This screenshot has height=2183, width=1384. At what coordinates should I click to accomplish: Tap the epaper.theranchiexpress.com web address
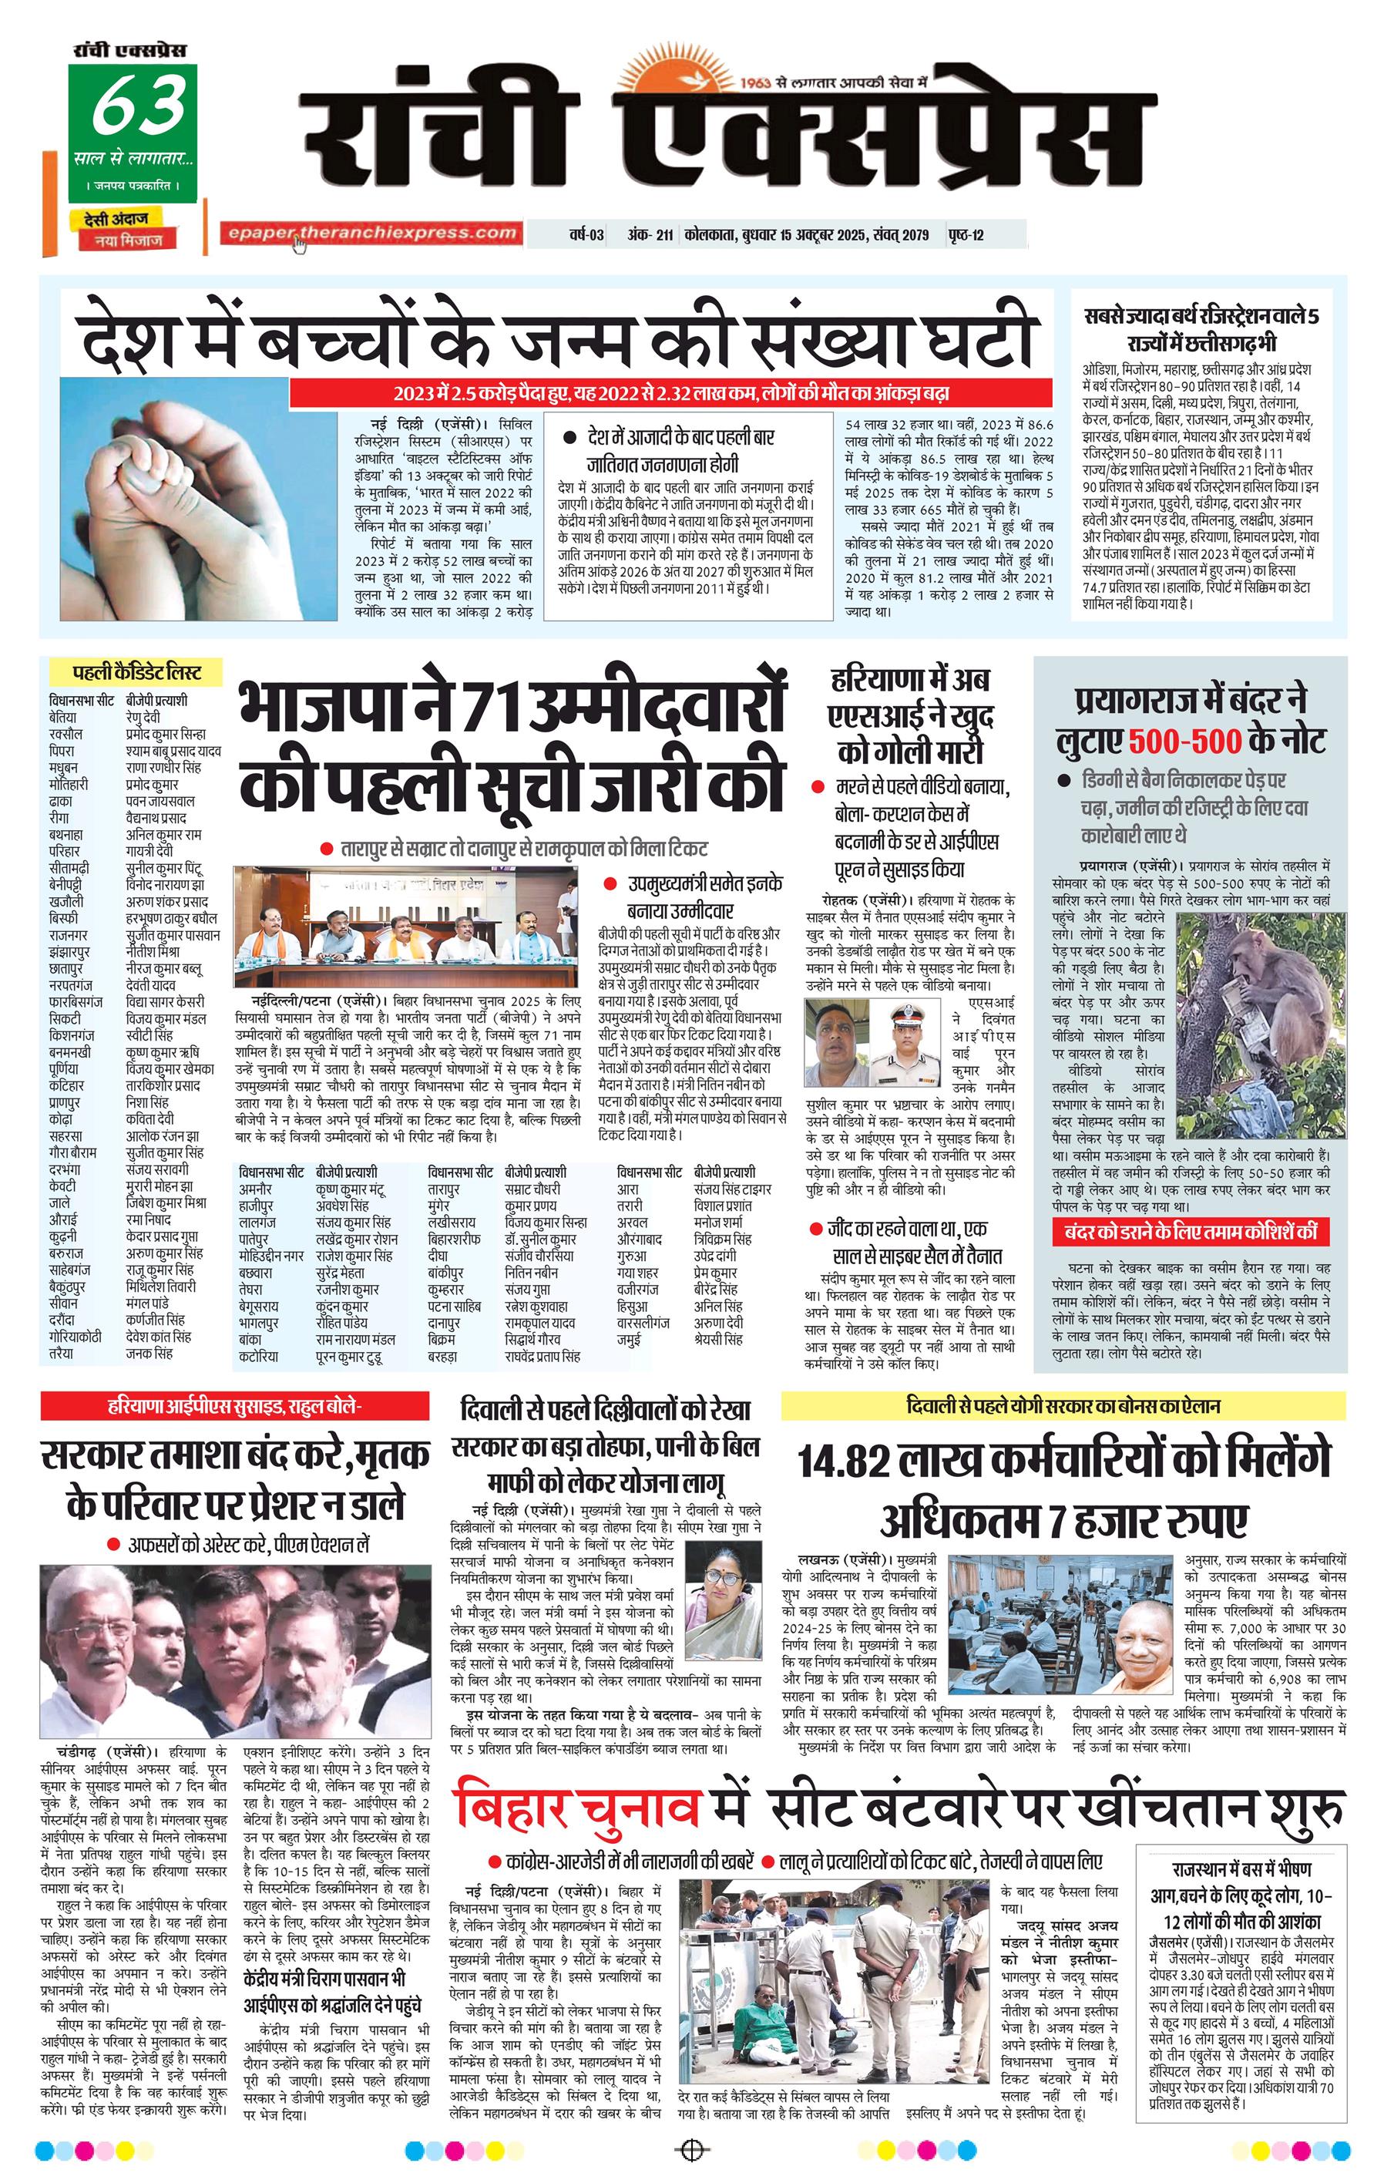pyautogui.click(x=372, y=233)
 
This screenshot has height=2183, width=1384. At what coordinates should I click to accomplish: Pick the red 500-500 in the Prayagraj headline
pyautogui.click(x=1184, y=741)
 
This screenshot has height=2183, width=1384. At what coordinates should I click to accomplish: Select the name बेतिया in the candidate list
pyautogui.click(x=62, y=717)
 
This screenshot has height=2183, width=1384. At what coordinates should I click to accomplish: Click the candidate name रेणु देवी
pyautogui.click(x=143, y=717)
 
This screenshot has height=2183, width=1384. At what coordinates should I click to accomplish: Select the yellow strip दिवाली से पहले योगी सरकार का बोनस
pyautogui.click(x=1062, y=1406)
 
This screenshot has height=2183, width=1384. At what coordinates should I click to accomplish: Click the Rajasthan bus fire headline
pyautogui.click(x=1241, y=1895)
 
